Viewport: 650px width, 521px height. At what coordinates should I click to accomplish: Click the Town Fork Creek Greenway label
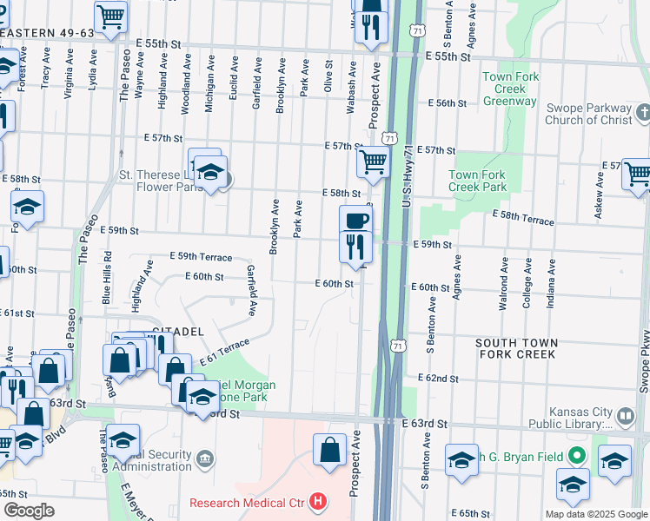[x=510, y=89]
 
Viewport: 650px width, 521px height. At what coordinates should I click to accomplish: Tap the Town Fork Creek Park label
[x=477, y=181]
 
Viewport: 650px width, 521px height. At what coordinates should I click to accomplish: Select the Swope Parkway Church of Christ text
[x=591, y=114]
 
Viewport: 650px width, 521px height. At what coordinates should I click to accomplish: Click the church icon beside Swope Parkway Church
[x=643, y=113]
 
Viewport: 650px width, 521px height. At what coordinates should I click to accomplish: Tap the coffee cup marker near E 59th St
[x=355, y=220]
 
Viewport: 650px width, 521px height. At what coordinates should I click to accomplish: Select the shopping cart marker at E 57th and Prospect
[x=373, y=161]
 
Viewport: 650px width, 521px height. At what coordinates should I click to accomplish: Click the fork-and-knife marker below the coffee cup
[x=355, y=247]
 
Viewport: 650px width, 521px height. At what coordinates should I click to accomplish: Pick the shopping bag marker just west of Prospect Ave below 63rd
[x=329, y=450]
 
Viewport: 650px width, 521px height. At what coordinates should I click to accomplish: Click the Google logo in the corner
[x=29, y=511]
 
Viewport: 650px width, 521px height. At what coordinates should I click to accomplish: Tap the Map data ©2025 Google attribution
[x=595, y=514]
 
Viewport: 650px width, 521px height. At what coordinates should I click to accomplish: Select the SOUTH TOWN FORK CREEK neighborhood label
[x=515, y=349]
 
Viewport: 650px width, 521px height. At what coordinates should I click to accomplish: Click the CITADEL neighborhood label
[x=177, y=332]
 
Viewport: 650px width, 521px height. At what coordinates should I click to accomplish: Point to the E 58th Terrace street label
[x=522, y=217]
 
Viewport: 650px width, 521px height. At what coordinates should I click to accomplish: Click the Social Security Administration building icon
[x=205, y=458]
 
